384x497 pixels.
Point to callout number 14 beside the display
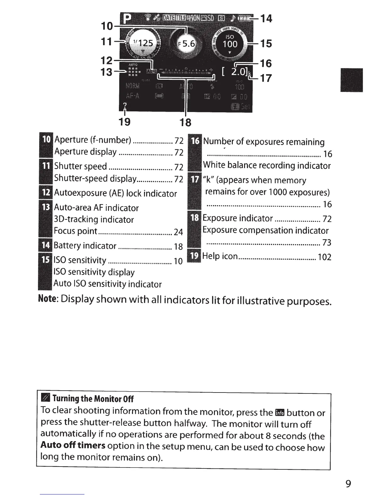point(266,18)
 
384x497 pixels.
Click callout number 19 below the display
point(125,121)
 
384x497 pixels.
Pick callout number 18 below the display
point(185,122)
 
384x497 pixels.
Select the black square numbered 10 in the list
point(46,140)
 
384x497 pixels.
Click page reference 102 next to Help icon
point(324,257)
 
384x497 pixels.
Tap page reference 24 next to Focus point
point(178,232)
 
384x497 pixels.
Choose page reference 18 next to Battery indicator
point(178,247)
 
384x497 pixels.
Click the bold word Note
point(47,298)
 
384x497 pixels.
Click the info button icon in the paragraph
point(279,412)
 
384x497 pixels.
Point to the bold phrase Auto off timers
point(73,446)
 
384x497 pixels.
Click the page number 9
point(348,484)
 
